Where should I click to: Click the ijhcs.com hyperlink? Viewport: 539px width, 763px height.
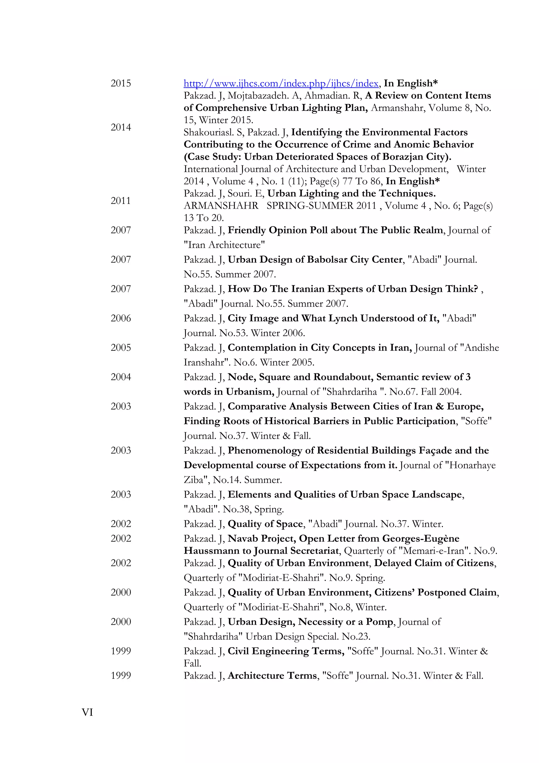click(281, 84)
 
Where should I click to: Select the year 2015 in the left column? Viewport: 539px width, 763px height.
click(121, 84)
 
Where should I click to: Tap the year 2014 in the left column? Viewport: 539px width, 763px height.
click(121, 127)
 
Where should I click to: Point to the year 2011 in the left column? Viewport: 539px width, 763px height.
click(121, 201)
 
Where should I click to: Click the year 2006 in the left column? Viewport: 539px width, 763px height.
click(121, 318)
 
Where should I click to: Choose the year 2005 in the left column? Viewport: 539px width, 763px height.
click(121, 348)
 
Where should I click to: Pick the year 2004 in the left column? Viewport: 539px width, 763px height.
click(121, 377)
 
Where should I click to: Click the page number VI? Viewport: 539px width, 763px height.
click(87, 712)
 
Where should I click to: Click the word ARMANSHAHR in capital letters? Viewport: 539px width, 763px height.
click(221, 206)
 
